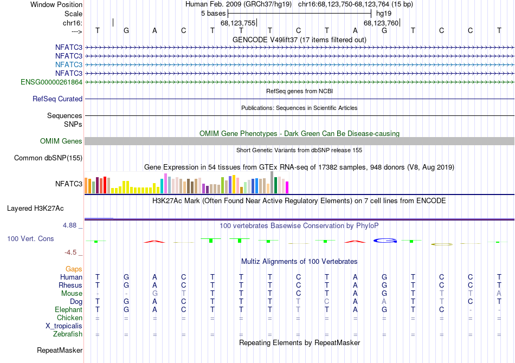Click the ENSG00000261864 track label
[51, 82]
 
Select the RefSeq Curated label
[57, 99]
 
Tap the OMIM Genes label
[61, 141]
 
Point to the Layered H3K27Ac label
[35, 208]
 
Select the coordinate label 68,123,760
[381, 23]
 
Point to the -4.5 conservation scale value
[75, 252]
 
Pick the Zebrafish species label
[68, 334]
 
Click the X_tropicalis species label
[64, 326]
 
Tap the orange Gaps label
[74, 269]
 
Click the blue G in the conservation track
[384, 240]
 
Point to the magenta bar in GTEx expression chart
[287, 187]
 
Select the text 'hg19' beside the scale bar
[384, 13]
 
